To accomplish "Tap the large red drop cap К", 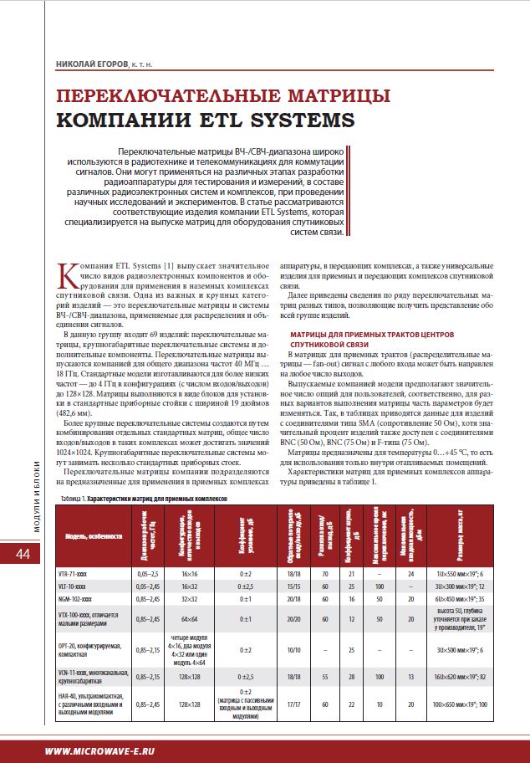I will pos(70,273).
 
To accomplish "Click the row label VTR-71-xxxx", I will pos(84,574).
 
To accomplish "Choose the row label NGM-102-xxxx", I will pos(84,599).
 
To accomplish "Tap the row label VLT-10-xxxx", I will pos(84,586).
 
